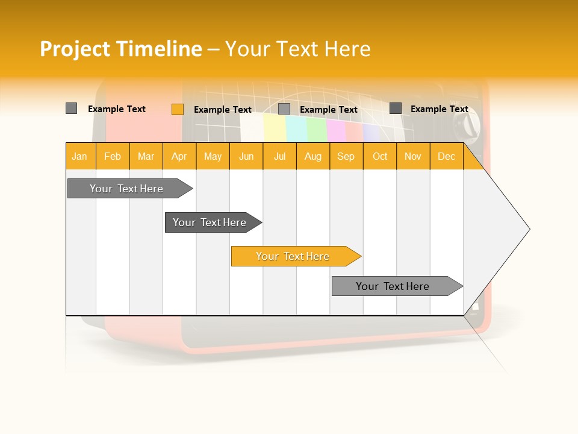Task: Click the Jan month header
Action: coord(80,156)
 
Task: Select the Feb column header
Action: coord(113,156)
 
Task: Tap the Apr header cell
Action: coord(179,156)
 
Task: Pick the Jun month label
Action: coord(246,156)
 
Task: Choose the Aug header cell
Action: coord(313,156)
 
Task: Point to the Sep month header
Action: coord(346,156)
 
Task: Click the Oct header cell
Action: coord(380,156)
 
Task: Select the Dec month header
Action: coord(447,156)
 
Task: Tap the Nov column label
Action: coord(413,156)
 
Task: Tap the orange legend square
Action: coord(177,109)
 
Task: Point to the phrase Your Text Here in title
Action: coord(298,49)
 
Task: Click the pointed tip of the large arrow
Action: coord(528,229)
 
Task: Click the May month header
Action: coord(213,156)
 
